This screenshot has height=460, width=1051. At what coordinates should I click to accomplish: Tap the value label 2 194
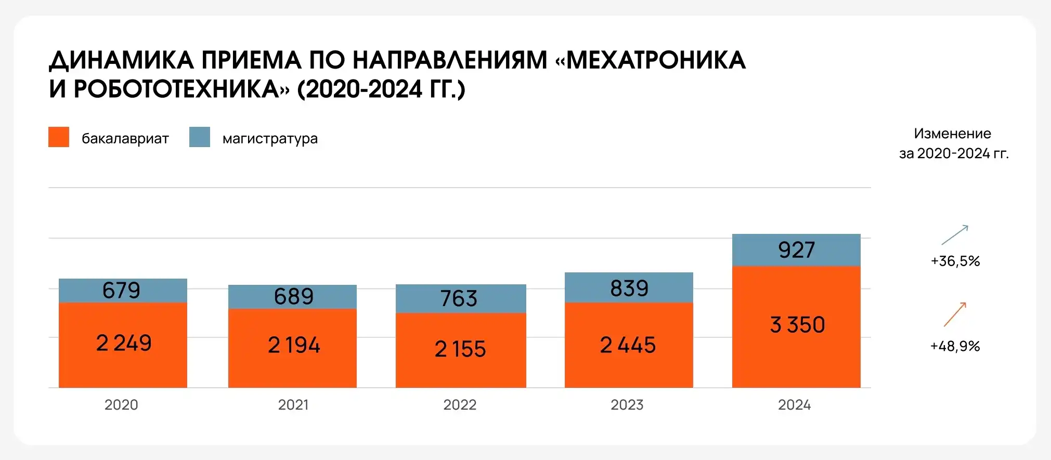click(x=294, y=346)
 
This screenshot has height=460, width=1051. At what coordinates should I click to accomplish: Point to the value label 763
click(x=459, y=298)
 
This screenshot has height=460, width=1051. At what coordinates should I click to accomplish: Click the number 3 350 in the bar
click(x=797, y=325)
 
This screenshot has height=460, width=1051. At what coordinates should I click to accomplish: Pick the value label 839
click(x=629, y=288)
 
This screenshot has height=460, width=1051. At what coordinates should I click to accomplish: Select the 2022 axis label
click(x=460, y=405)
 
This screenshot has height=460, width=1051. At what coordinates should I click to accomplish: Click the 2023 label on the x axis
click(x=627, y=405)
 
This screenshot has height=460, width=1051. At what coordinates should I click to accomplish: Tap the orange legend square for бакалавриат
click(x=59, y=137)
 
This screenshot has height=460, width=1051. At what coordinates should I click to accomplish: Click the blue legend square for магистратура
click(x=200, y=137)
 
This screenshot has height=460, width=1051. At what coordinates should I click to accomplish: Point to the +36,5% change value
click(x=955, y=261)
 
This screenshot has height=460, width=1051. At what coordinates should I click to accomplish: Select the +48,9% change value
click(x=955, y=346)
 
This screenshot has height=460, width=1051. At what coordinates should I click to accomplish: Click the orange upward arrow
click(x=955, y=314)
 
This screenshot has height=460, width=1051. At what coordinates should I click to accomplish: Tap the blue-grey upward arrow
click(x=955, y=235)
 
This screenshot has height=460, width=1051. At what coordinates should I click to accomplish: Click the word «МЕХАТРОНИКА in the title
click(x=651, y=60)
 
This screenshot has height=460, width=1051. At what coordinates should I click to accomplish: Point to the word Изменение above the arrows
click(x=952, y=134)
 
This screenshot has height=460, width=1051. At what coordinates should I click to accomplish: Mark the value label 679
click(x=121, y=290)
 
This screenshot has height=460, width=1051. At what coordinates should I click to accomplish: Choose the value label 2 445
click(x=628, y=345)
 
